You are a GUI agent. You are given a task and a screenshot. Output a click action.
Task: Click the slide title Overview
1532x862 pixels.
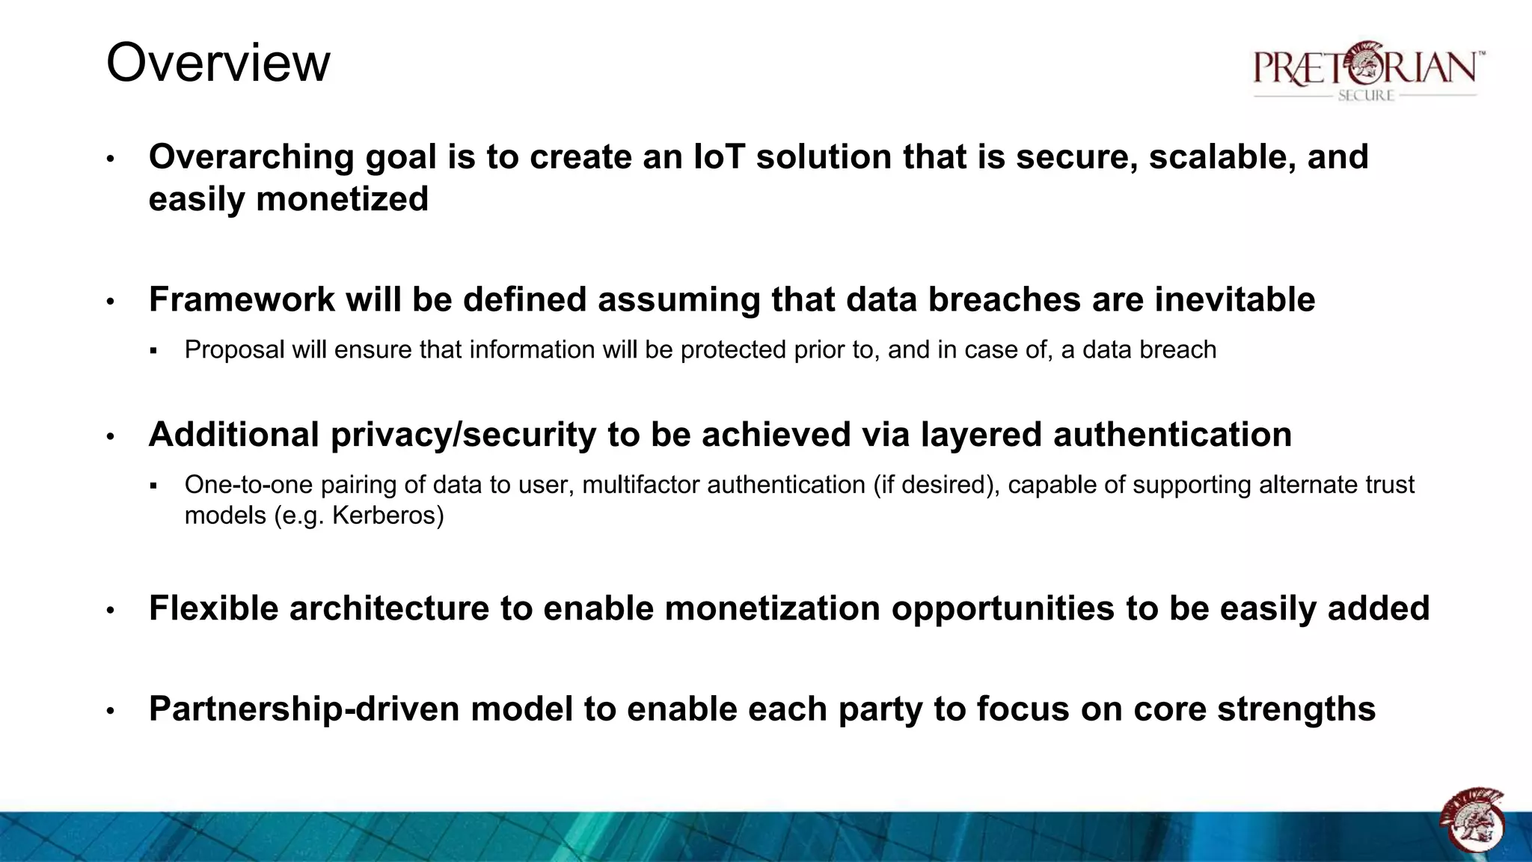point(218,63)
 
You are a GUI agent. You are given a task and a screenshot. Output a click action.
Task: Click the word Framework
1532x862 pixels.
point(241,300)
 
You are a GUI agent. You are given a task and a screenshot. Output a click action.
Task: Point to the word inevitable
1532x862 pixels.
point(1234,300)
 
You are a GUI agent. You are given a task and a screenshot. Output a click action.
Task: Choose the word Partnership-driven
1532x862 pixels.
point(304,709)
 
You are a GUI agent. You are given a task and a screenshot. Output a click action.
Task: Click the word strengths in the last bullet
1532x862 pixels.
point(1296,710)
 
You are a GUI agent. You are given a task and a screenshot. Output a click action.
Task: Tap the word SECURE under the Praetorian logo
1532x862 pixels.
point(1366,96)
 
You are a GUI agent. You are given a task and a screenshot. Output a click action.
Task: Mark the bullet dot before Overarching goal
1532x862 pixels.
point(110,159)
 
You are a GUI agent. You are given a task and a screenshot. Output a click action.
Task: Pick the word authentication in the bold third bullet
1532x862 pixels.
point(1172,435)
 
